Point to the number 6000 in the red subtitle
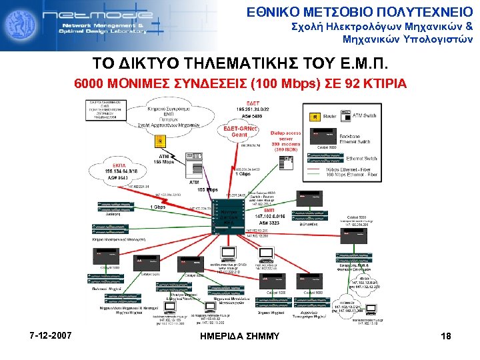point(89,85)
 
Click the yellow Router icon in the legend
point(315,117)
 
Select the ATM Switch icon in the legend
point(347,116)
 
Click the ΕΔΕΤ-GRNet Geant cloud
point(239,131)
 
